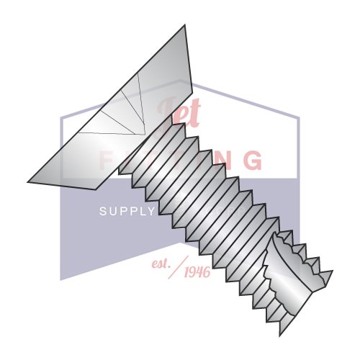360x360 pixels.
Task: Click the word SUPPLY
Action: click(x=127, y=211)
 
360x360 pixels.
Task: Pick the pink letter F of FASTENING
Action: click(x=107, y=159)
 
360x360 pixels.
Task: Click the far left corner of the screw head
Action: click(x=28, y=181)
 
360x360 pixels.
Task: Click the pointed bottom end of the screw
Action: click(x=281, y=334)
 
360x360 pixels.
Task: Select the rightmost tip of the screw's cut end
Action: click(x=332, y=272)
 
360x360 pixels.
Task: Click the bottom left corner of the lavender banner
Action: click(x=60, y=279)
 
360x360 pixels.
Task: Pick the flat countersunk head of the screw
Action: click(x=108, y=115)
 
